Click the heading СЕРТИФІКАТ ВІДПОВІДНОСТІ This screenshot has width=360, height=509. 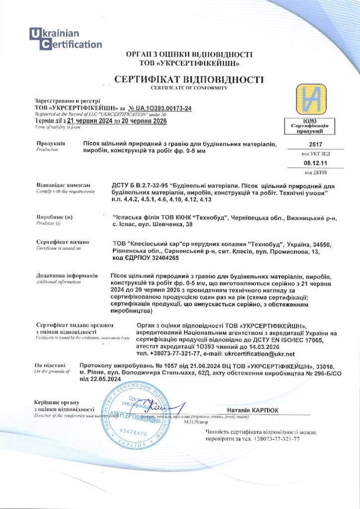point(189,80)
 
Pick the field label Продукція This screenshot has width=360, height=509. point(50,143)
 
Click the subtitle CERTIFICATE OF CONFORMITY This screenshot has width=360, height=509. point(189,88)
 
